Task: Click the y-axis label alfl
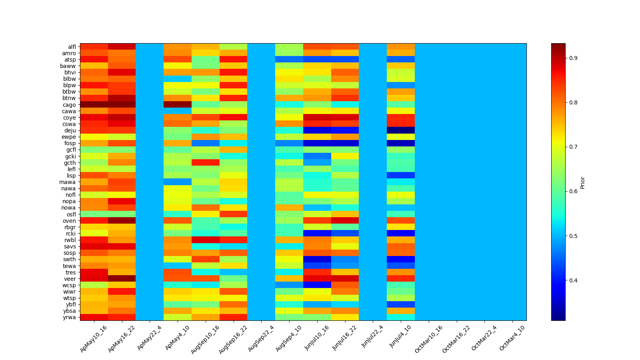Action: pos(72,47)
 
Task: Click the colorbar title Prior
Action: pos(583,182)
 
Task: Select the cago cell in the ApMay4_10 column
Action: pos(178,105)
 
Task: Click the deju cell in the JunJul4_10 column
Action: pos(401,130)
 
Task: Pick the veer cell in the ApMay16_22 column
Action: pos(122,279)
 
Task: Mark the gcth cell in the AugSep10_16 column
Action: pos(206,163)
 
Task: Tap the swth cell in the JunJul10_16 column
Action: pos(317,260)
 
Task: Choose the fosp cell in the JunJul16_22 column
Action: pos(345,143)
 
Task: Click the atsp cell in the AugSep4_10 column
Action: pos(289,60)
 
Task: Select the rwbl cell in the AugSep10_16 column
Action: pos(206,240)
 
